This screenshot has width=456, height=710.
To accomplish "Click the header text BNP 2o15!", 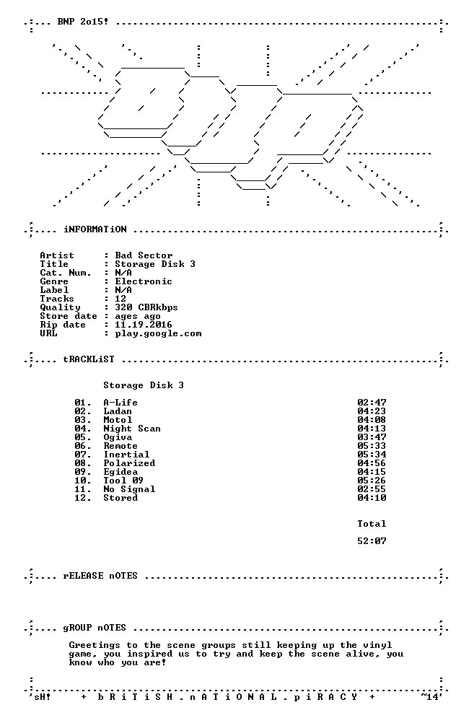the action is tap(83, 21).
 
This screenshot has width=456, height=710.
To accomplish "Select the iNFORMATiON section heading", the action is tap(95, 229).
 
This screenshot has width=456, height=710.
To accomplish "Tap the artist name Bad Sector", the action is tap(144, 255).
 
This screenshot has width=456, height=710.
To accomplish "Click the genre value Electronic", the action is tap(144, 281).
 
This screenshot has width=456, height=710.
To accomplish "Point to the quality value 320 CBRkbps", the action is tap(146, 307).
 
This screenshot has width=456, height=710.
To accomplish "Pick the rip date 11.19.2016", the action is tap(144, 325).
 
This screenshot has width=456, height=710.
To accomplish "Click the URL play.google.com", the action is tap(158, 334).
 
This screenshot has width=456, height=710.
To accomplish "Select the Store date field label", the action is tap(69, 316).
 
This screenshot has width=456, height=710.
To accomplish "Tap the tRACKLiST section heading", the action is tap(89, 359).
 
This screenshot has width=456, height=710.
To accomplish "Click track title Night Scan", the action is tap(132, 429).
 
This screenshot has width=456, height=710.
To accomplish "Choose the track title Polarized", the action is tap(129, 463).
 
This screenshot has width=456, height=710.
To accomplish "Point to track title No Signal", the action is tap(129, 489).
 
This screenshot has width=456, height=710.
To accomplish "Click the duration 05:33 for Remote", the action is tap(372, 446).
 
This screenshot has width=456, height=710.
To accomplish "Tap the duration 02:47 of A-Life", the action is tap(372, 403).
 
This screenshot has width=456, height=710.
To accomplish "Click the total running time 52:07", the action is tap(372, 541).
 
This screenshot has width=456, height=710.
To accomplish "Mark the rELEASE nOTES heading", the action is tap(100, 576).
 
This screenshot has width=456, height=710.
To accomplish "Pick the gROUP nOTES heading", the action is tap(95, 628).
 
